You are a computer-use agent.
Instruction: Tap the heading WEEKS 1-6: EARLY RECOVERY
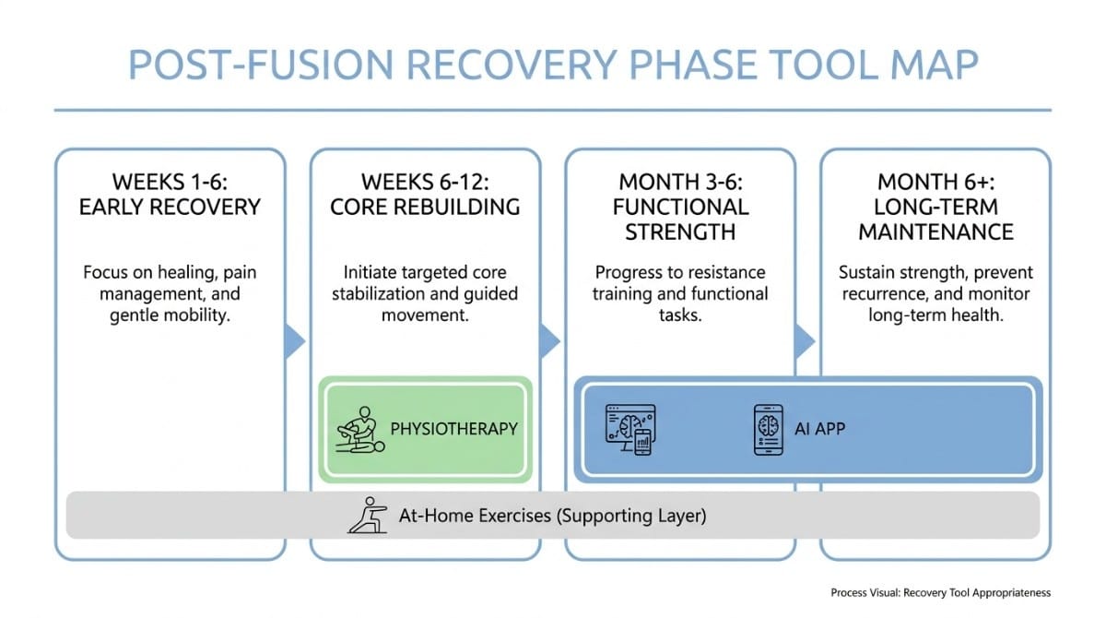pyautogui.click(x=170, y=194)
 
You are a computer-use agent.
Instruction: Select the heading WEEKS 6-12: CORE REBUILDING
pyautogui.click(x=425, y=194)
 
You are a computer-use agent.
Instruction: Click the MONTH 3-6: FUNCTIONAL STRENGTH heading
pyautogui.click(x=680, y=206)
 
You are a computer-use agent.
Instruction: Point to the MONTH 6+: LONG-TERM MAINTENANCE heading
pyautogui.click(x=935, y=206)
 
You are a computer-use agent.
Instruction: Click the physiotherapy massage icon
pyautogui.click(x=359, y=430)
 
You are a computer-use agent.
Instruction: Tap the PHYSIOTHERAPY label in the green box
pyautogui.click(x=453, y=429)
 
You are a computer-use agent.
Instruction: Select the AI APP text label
pyautogui.click(x=819, y=429)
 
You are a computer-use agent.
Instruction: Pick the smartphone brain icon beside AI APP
pyautogui.click(x=768, y=429)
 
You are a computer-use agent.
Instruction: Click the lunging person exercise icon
pyautogui.click(x=367, y=515)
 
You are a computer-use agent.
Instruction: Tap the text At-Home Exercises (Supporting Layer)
pyautogui.click(x=552, y=516)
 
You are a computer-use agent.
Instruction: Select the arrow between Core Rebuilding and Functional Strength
pyautogui.click(x=550, y=340)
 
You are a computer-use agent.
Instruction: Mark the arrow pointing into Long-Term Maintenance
pyautogui.click(x=805, y=340)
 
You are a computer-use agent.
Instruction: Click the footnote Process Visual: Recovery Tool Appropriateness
pyautogui.click(x=940, y=592)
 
